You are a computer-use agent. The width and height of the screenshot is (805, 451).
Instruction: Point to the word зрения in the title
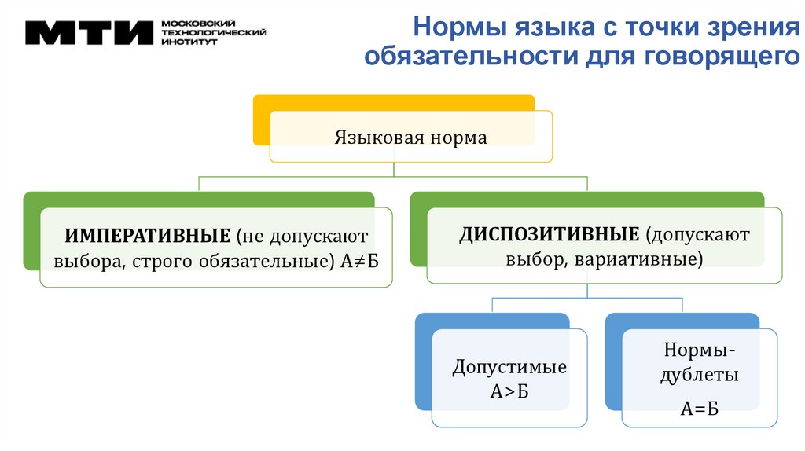tap(750, 29)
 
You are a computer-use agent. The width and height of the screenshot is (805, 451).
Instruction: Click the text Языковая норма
tap(411, 137)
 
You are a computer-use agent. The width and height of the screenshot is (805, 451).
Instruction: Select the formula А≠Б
tap(360, 259)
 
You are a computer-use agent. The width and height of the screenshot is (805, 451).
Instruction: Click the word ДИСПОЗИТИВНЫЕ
tap(549, 234)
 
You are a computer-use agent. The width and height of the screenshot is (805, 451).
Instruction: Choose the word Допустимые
tap(509, 367)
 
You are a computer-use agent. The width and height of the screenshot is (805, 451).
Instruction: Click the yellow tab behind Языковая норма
tap(393, 102)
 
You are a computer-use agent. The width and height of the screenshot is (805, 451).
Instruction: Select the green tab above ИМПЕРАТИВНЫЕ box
tap(197, 200)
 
